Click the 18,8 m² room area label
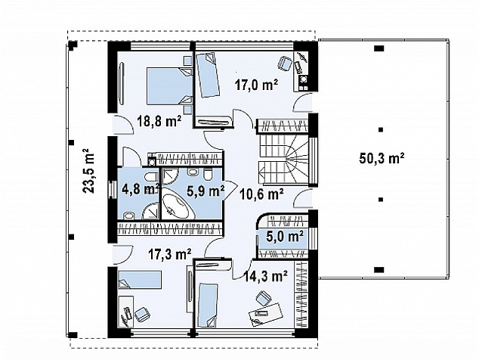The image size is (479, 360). coord(159,123)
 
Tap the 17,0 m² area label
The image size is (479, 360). coord(257,84)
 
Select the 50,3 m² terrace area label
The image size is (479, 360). coord(382,159)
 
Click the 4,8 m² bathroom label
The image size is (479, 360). coord(140,189)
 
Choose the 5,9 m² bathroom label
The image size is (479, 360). coord(206,191)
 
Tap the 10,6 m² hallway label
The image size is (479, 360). coord(262,194)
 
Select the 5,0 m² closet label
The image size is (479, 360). coord(285,237)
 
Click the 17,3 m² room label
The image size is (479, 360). coord(170,253)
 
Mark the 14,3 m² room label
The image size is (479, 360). coord(266,277)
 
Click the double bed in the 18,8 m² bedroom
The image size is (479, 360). coord(169,86)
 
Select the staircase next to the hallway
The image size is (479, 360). coord(283,160)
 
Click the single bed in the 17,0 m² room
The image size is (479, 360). coord(208,75)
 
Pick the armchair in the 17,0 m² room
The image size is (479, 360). coord(284,64)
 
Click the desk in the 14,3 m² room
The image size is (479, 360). coord(265,315)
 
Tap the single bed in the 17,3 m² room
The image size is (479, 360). coord(140,280)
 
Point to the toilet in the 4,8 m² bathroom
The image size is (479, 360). coord(150,178)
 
